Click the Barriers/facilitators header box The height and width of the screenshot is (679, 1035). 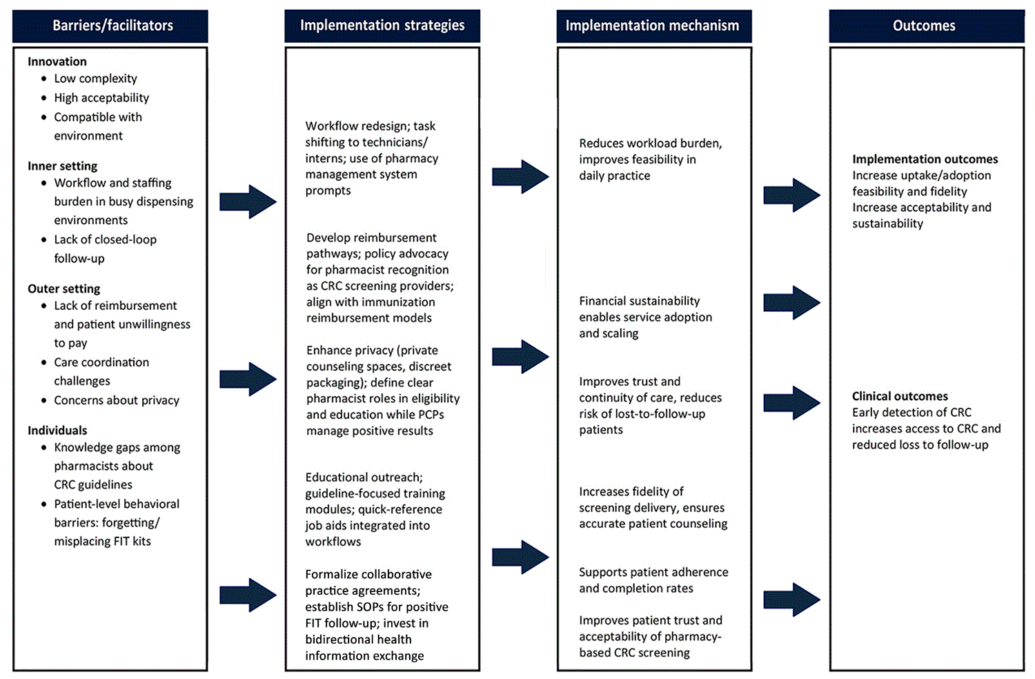point(110,26)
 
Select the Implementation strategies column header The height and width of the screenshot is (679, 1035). point(382,26)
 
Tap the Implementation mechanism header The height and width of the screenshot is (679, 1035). point(653,26)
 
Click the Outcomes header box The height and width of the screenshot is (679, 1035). point(925,26)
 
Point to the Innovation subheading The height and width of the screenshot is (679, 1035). point(57,61)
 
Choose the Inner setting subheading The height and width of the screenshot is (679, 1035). point(62,166)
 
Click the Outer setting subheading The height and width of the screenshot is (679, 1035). point(63,288)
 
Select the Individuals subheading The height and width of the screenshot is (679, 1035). point(57,430)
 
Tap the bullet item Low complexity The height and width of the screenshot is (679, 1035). point(95,79)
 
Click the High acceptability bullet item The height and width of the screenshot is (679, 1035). point(101,98)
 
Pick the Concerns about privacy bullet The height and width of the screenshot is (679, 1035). point(117,400)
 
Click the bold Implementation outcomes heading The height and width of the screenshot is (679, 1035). point(925,159)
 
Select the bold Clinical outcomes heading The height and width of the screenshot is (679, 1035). point(900,396)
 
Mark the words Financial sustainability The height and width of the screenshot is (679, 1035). point(639,301)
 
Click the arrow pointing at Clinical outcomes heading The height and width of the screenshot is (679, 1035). point(791,403)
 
